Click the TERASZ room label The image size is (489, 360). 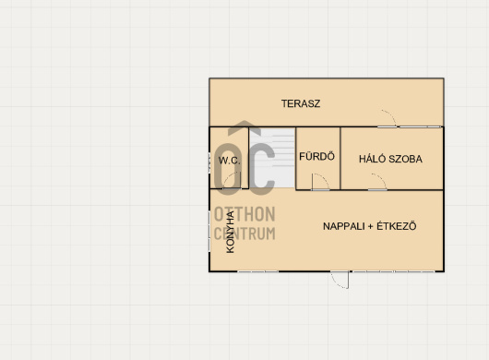pyautogui.click(x=301, y=103)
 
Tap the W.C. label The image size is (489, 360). pyautogui.click(x=230, y=161)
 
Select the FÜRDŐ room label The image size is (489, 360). pyautogui.click(x=316, y=156)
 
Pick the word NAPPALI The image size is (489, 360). pyautogui.click(x=343, y=226)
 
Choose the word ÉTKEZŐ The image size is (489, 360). pyautogui.click(x=397, y=225)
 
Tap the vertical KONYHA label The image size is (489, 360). pyautogui.click(x=230, y=232)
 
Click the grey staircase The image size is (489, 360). pyautogui.click(x=272, y=158)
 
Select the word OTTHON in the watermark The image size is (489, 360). pyautogui.click(x=244, y=214)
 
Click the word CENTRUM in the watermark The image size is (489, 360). pyautogui.click(x=244, y=234)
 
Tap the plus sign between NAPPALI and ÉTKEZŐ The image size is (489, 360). pyautogui.click(x=370, y=226)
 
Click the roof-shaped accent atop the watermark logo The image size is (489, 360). pyautogui.click(x=244, y=127)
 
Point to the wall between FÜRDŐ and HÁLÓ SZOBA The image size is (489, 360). pyautogui.click(x=340, y=158)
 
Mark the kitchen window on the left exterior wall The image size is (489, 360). pyautogui.click(x=209, y=231)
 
